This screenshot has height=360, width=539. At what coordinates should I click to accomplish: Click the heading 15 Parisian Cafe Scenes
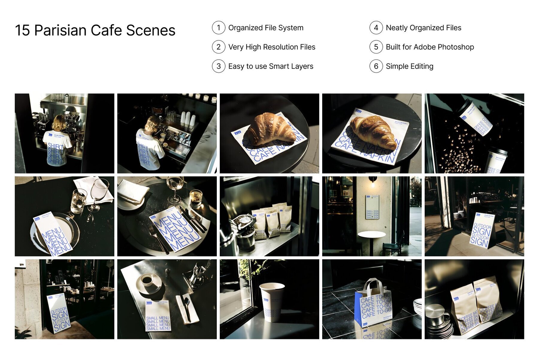coord(95,31)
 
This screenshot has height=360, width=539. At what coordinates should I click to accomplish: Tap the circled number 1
coord(219,28)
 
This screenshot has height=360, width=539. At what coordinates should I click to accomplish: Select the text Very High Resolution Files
coord(272,47)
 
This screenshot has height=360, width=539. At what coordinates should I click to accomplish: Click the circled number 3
coord(219,66)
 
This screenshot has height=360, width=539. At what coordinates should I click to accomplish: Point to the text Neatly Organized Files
coord(423,28)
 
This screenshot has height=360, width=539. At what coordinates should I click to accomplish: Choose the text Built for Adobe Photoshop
coord(430,47)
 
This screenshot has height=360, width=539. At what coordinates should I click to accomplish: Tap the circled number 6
coord(376,66)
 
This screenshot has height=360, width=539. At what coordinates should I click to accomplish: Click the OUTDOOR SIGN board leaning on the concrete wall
coord(59,313)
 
